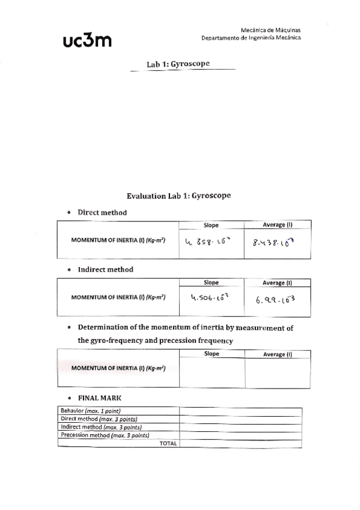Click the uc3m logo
pyautogui.click(x=87, y=40)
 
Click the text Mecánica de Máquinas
pyautogui.click(x=270, y=29)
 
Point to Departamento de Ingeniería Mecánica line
pyautogui.click(x=252, y=37)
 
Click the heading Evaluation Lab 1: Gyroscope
pyautogui.click(x=179, y=196)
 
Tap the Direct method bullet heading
pyautogui.click(x=102, y=212)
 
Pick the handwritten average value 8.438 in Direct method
pyautogui.click(x=277, y=243)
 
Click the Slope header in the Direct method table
pyautogui.click(x=211, y=226)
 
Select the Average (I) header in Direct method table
pyautogui.click(x=277, y=226)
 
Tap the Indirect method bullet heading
pyautogui.click(x=105, y=269)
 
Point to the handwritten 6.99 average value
pyautogui.click(x=277, y=298)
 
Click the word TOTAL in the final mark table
pyautogui.click(x=168, y=443)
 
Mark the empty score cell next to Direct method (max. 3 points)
pyautogui.click(x=240, y=419)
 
